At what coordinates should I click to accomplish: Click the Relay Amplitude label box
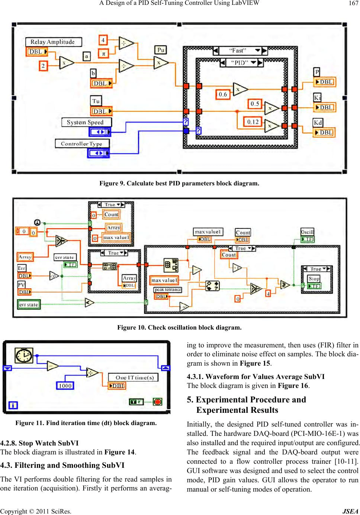pyautogui.click(x=53, y=42)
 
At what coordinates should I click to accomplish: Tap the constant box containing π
pyautogui.click(x=103, y=54)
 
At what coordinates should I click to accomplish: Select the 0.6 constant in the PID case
pyautogui.click(x=223, y=94)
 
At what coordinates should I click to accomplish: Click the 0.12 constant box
pyautogui.click(x=253, y=122)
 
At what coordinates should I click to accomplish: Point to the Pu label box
pyautogui.click(x=161, y=50)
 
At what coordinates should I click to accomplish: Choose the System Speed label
pyautogui.click(x=85, y=122)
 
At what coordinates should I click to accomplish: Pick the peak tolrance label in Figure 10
pyautogui.click(x=168, y=289)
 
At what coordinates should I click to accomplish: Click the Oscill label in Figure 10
pyautogui.click(x=307, y=232)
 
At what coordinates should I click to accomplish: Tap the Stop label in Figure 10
pyautogui.click(x=314, y=278)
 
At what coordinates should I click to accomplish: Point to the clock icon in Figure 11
pyautogui.click(x=24, y=356)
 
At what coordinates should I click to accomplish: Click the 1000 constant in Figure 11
pyautogui.click(x=65, y=386)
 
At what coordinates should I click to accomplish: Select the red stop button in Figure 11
pyautogui.click(x=157, y=402)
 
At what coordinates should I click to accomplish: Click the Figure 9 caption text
pyautogui.click(x=179, y=183)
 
